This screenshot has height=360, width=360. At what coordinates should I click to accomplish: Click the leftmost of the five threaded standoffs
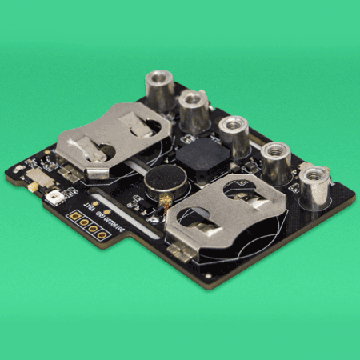[159, 89]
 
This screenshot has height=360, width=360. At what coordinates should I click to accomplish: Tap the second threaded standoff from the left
[194, 110]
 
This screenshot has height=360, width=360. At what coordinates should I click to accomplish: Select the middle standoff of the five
[234, 134]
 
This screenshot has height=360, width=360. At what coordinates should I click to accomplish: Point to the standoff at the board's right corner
[314, 186]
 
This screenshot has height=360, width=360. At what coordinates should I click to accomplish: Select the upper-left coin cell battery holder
[112, 136]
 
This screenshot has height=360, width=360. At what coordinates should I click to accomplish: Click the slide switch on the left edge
[36, 179]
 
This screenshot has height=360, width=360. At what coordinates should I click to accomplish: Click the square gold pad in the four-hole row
[73, 215]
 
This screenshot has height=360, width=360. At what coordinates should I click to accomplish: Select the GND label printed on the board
[99, 212]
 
